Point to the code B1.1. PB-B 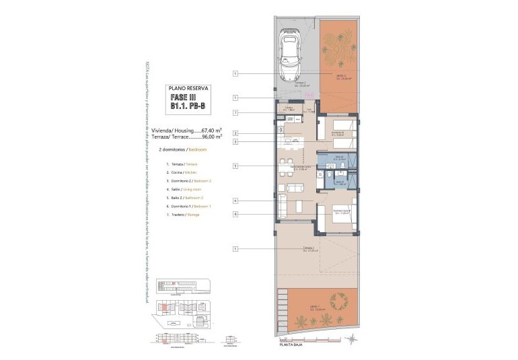[x=188, y=106]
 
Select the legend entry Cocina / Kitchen [x=178, y=173]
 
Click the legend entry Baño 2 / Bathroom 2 [x=183, y=197]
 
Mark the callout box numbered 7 [x=236, y=112]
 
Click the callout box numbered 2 [x=236, y=133]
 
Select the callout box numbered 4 [x=236, y=201]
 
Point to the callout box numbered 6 [x=236, y=214]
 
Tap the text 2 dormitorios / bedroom [x=182, y=149]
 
